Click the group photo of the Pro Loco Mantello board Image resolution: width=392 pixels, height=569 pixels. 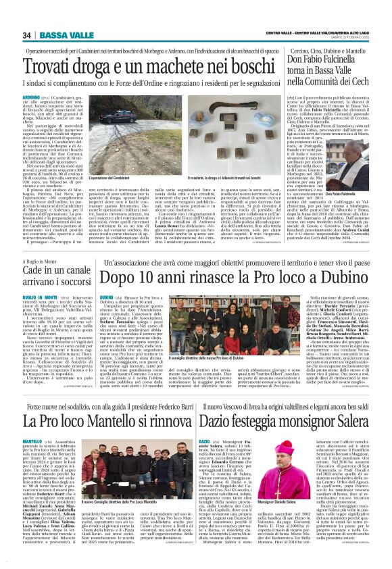coord(118,471)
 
